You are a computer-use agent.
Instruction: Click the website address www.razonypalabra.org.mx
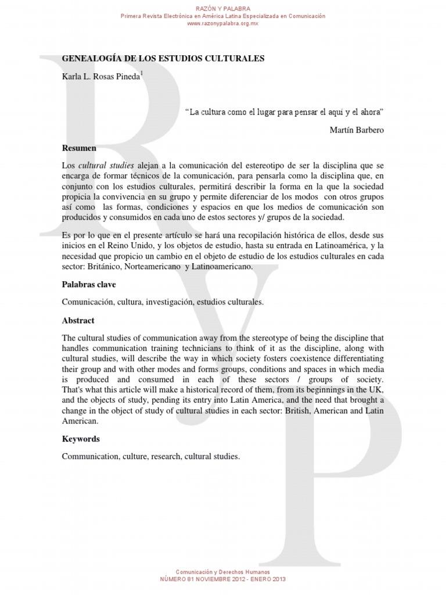pyautogui.click(x=223, y=23)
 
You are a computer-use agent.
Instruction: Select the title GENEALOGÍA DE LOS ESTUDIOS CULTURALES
pyautogui.click(x=163, y=59)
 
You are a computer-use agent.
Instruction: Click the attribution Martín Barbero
pyautogui.click(x=356, y=130)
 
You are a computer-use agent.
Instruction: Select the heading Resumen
pyautogui.click(x=79, y=148)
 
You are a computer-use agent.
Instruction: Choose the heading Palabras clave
pyautogui.click(x=89, y=285)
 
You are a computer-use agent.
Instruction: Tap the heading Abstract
pyautogui.click(x=78, y=320)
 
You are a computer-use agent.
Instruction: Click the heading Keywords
pyautogui.click(x=81, y=439)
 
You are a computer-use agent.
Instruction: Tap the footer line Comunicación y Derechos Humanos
pyautogui.click(x=223, y=572)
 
